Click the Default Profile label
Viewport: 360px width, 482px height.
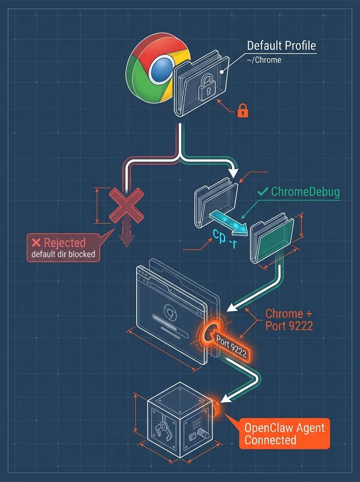click(x=281, y=45)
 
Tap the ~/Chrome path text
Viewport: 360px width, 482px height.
click(x=264, y=60)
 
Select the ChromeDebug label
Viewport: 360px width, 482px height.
click(x=305, y=192)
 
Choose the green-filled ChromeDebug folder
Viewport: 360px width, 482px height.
click(x=272, y=237)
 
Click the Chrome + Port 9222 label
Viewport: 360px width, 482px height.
click(x=289, y=319)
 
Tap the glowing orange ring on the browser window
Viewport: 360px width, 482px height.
click(x=209, y=333)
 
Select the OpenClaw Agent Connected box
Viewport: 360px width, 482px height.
click(x=284, y=433)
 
